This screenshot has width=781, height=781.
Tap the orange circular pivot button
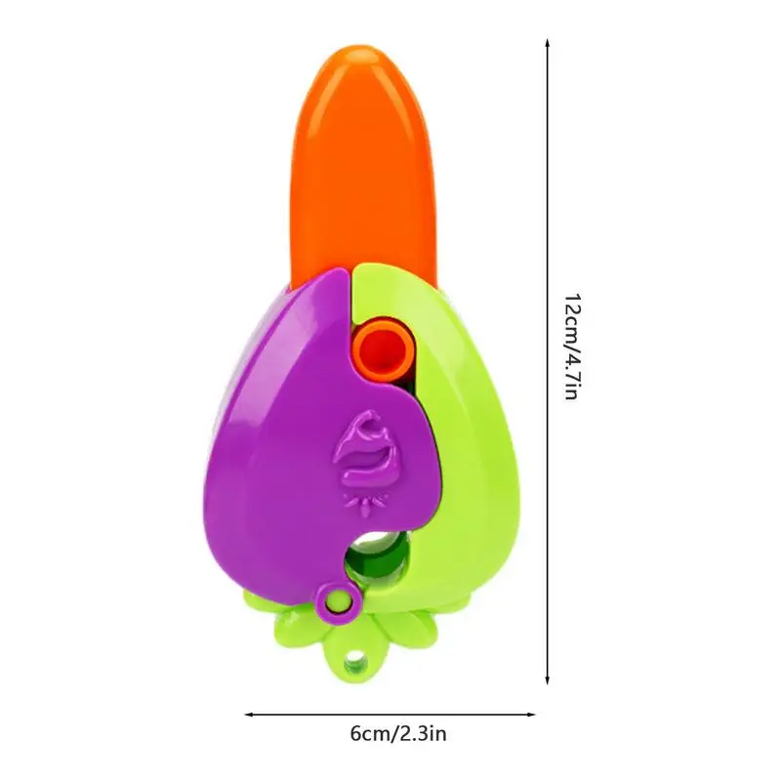(x=384, y=349)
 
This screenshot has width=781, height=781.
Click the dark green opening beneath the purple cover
(x=378, y=557)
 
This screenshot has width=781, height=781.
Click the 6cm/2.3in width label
(x=398, y=734)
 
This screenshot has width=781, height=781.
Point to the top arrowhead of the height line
(x=548, y=42)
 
